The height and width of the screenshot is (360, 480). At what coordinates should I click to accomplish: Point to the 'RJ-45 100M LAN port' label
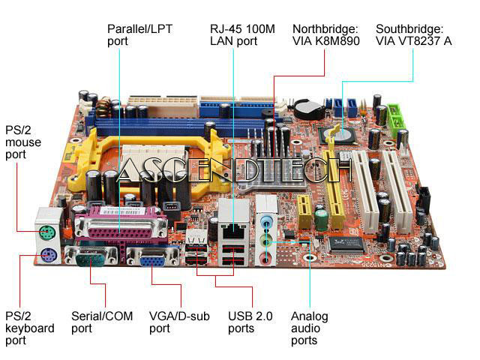click(x=241, y=34)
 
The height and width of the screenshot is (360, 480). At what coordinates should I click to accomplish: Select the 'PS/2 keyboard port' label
click(x=29, y=328)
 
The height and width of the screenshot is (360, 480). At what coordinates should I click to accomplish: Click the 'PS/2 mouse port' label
click(x=23, y=142)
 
